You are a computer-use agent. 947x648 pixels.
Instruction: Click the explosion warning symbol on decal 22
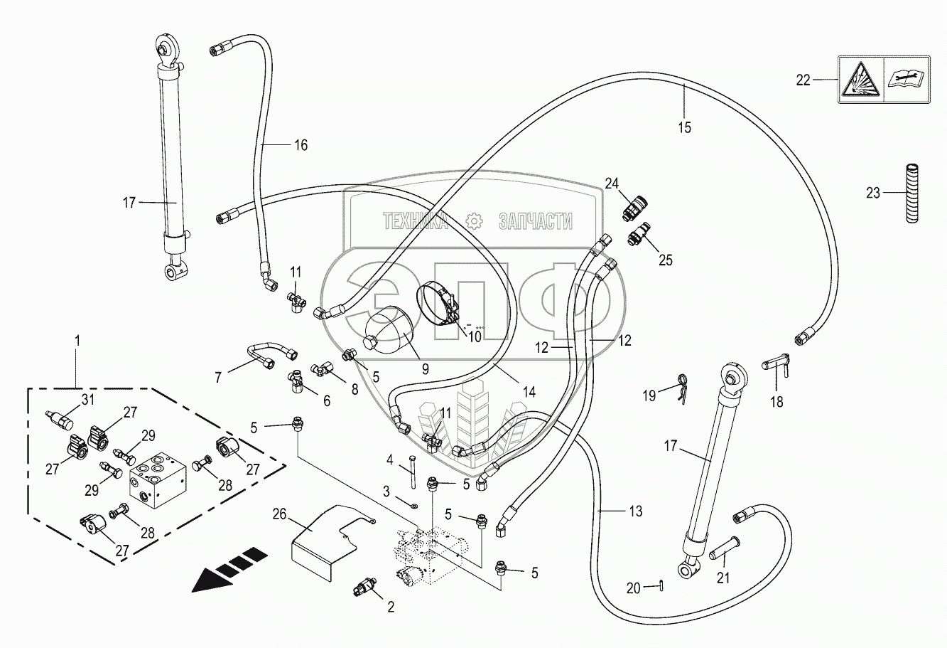[x=860, y=80]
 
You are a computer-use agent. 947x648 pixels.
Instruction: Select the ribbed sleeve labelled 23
[x=912, y=193]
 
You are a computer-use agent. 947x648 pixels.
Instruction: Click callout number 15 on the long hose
[x=684, y=128]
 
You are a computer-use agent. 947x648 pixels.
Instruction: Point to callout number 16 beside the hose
[x=301, y=145]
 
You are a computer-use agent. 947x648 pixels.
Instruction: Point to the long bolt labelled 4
[x=412, y=473]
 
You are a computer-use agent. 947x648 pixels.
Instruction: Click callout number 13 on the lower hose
[x=634, y=511]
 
